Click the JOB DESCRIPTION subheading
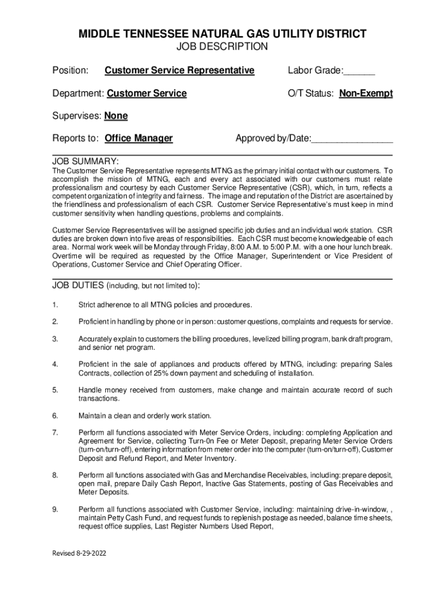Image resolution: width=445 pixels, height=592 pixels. coord(222,47)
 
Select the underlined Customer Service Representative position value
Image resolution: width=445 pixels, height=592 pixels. coord(179,71)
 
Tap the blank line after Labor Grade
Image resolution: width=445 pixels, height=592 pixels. coord(359,72)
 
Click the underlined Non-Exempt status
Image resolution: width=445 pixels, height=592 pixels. coord(366,93)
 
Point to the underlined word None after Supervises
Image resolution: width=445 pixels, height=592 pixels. coord(116,116)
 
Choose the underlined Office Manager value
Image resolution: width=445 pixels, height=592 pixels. coord(139,138)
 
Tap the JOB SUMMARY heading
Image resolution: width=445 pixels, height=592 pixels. coord(86,161)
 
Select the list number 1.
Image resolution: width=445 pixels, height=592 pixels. coord(55,305)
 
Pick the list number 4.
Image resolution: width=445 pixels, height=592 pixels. coord(55,364)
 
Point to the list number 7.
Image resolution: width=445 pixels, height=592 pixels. coord(55,432)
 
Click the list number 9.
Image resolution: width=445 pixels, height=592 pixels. coord(55,509)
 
